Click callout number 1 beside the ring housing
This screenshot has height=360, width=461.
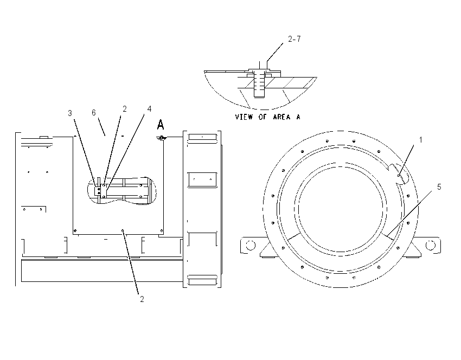[x=420, y=140]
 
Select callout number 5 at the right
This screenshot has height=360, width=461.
[x=439, y=187]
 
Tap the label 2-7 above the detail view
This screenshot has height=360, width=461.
[x=294, y=39]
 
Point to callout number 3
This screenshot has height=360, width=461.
[x=69, y=113]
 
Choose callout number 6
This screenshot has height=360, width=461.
[x=93, y=113]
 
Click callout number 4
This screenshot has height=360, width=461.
[x=149, y=109]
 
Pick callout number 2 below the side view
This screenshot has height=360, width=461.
[x=142, y=299]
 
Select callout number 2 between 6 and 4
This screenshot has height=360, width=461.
[x=124, y=109]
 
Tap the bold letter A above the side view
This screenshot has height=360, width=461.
[x=160, y=125]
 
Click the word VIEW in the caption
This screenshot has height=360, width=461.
[x=244, y=117]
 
